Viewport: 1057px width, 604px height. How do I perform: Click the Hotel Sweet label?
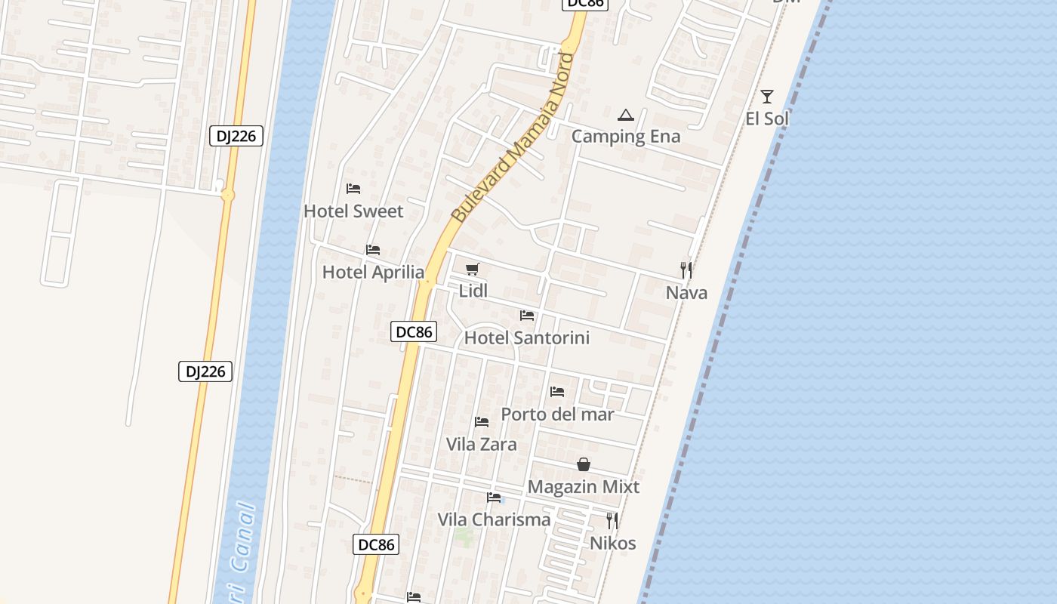(353, 211)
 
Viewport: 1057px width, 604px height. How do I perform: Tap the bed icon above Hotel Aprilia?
(373, 250)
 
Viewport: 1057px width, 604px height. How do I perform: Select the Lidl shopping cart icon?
(473, 270)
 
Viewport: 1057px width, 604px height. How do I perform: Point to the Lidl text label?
(473, 291)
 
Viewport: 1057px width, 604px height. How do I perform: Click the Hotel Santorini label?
(526, 337)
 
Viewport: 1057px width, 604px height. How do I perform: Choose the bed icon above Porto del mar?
(557, 392)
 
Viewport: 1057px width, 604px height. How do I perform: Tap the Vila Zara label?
(482, 444)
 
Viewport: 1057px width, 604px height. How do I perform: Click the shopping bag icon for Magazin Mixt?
(584, 464)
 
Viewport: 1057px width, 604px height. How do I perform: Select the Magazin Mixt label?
(584, 487)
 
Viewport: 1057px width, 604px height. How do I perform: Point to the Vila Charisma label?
(495, 520)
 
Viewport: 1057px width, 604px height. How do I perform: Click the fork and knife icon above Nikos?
(612, 520)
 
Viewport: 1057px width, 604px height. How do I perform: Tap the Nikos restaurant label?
(612, 544)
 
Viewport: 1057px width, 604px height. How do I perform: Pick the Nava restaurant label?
(686, 293)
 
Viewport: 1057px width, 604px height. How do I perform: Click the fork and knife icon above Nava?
(686, 270)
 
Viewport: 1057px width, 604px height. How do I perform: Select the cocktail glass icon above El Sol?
(767, 97)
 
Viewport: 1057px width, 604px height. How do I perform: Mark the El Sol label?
(767, 119)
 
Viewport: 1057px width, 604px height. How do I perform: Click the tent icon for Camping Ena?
(625, 116)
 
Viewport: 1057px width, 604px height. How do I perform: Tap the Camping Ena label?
(626, 137)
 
